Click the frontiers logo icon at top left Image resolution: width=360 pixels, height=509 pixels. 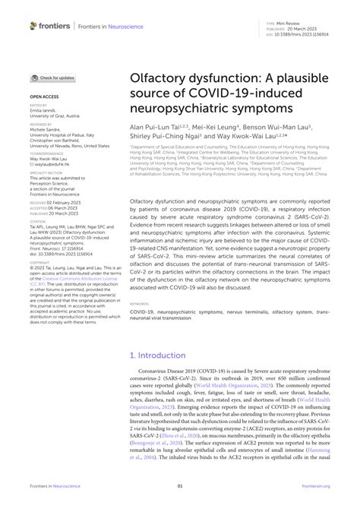point(33,26)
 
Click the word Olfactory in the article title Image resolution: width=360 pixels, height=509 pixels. point(166,79)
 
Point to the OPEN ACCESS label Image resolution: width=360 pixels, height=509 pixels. point(45,98)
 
